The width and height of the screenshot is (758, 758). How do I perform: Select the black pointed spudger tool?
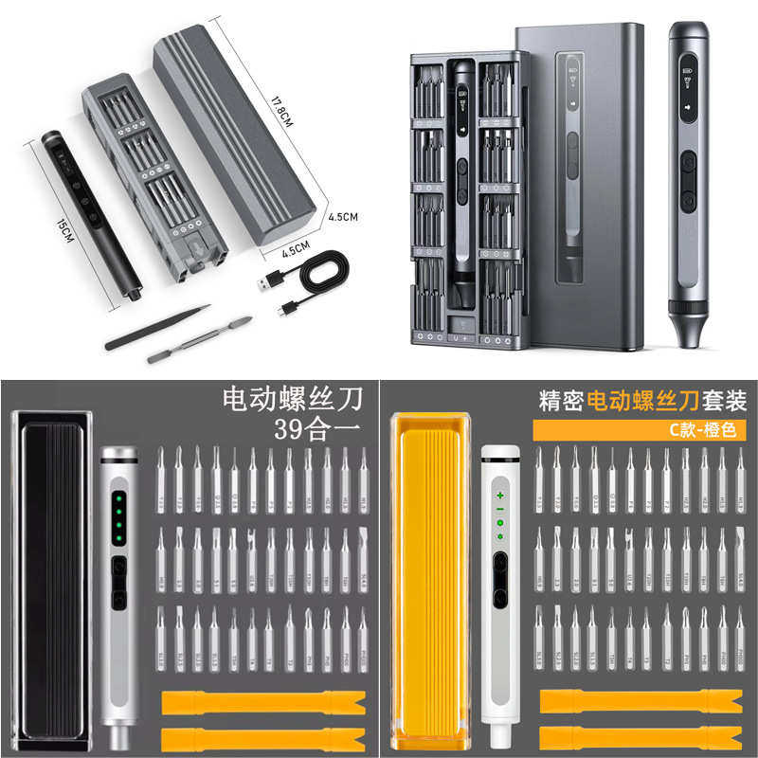[157, 327]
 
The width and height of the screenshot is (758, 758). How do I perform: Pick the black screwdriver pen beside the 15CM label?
[90, 214]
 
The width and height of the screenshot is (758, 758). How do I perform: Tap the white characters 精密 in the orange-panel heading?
[559, 399]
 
